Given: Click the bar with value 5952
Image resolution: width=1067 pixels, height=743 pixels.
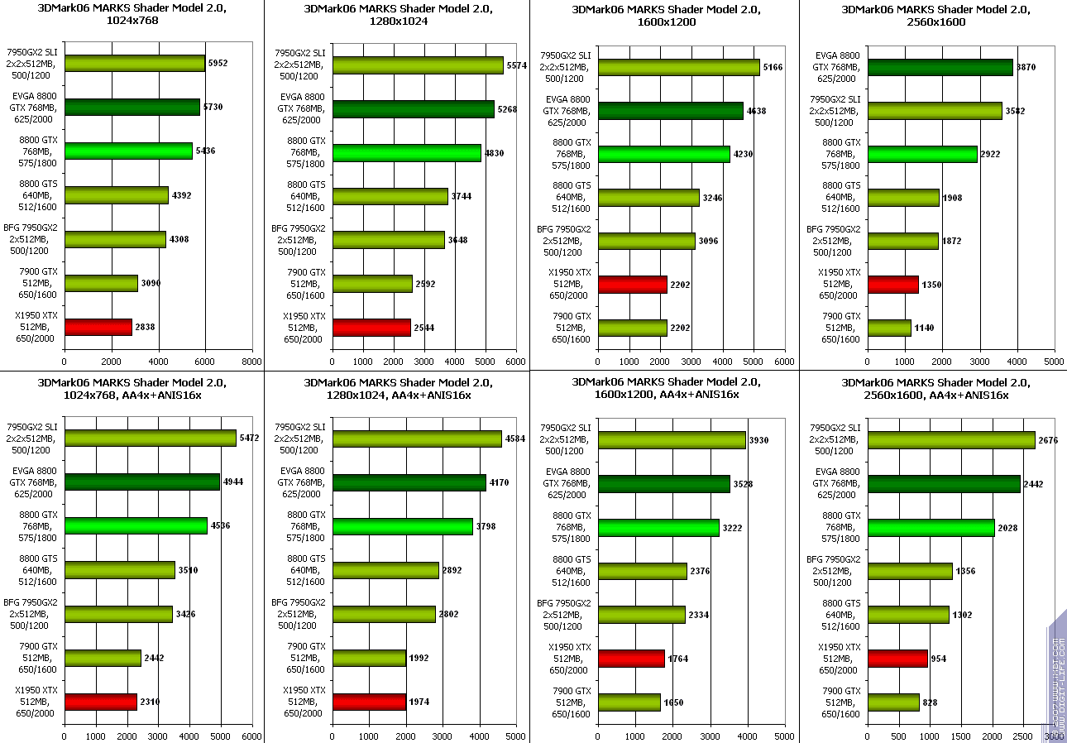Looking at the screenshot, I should [x=135, y=64].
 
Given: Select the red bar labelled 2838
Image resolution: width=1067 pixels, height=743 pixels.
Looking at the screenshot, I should [x=98, y=327].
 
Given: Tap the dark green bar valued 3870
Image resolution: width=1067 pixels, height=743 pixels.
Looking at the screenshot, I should [x=940, y=67].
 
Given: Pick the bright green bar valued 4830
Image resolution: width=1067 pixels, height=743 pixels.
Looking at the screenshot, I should [x=407, y=152].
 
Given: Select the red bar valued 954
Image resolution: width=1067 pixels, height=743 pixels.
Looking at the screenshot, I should [x=897, y=659].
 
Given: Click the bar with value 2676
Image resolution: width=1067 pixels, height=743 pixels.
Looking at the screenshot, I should [x=951, y=439].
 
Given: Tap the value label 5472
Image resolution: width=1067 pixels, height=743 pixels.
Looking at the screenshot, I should [x=249, y=438].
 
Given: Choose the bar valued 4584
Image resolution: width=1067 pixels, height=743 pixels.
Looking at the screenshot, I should [x=418, y=439].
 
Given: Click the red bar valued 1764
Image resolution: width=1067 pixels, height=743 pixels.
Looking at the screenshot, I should [x=631, y=659].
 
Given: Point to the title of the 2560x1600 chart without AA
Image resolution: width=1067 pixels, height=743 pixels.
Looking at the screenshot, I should [x=935, y=16].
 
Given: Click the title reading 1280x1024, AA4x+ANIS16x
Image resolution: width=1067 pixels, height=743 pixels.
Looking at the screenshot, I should [x=398, y=388].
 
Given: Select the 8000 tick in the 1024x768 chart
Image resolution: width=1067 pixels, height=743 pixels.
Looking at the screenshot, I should [x=252, y=362].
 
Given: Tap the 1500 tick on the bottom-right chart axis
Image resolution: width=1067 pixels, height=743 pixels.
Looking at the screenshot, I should [x=960, y=735].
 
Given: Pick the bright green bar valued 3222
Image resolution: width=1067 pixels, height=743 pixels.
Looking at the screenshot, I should [x=658, y=527].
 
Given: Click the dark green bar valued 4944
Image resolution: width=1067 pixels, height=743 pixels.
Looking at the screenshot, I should [x=142, y=482].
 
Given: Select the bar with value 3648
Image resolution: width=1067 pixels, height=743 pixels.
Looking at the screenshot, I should [x=389, y=240].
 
